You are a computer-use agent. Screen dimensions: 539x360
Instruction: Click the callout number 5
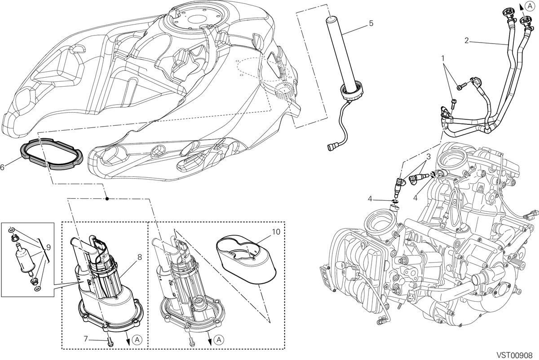tap(371, 23)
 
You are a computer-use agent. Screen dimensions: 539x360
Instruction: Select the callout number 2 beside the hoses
tap(467, 41)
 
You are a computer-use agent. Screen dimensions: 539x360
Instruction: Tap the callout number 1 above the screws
tap(442, 58)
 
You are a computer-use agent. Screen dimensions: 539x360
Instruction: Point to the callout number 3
tap(429, 157)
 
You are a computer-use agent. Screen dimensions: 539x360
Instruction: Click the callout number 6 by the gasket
tap(2, 167)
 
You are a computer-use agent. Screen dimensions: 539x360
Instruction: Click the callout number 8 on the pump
tap(139, 257)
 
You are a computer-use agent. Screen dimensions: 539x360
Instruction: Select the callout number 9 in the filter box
tap(49, 247)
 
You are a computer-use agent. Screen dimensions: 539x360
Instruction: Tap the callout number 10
tap(276, 232)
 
